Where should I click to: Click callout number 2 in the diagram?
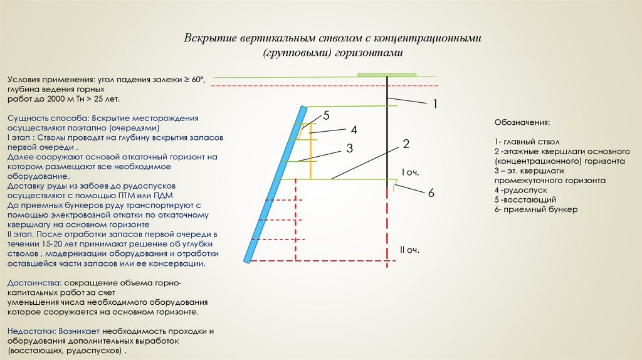click(406, 144)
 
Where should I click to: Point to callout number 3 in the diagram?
click(349, 148)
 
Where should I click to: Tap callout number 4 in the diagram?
click(354, 130)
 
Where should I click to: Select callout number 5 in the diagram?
click(326, 116)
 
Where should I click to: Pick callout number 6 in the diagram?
click(431, 193)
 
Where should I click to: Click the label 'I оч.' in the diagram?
click(409, 172)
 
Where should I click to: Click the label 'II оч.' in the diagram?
click(409, 250)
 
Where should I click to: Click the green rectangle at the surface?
click(387, 75)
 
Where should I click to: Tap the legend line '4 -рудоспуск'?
click(521, 189)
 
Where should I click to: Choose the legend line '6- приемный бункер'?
click(535, 209)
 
